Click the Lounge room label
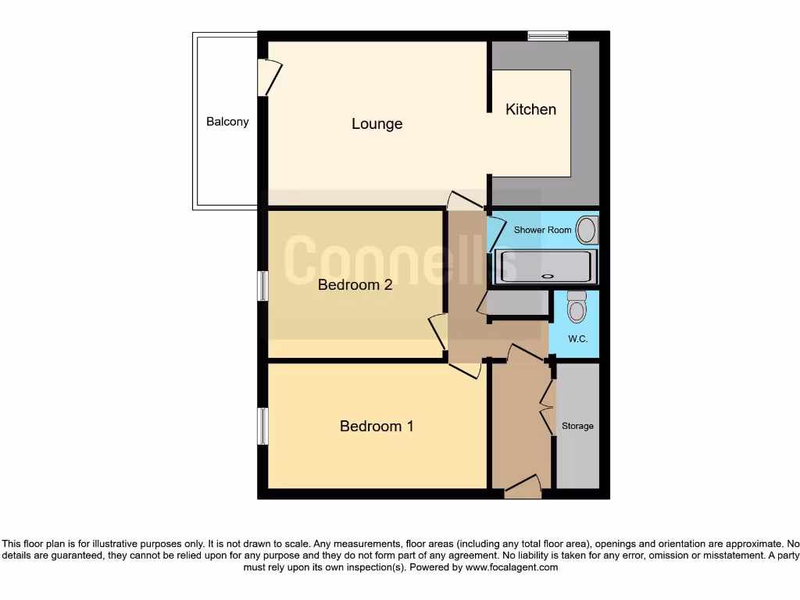pos(377,123)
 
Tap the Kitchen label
pos(531,109)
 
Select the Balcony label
pos(227,122)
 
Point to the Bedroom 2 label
pos(355,285)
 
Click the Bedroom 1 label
pos(377,427)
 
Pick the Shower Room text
pos(542,230)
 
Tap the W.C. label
pos(578,339)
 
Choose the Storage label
pos(577,427)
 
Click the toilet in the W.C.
pos(577,306)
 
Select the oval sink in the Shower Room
pos(586,230)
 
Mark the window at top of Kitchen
pos(548,35)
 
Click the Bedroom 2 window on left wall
pos(263,286)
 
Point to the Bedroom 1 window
pos(263,427)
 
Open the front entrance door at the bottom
pos(523,488)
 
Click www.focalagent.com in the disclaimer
pos(512,568)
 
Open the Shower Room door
pos(495,234)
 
